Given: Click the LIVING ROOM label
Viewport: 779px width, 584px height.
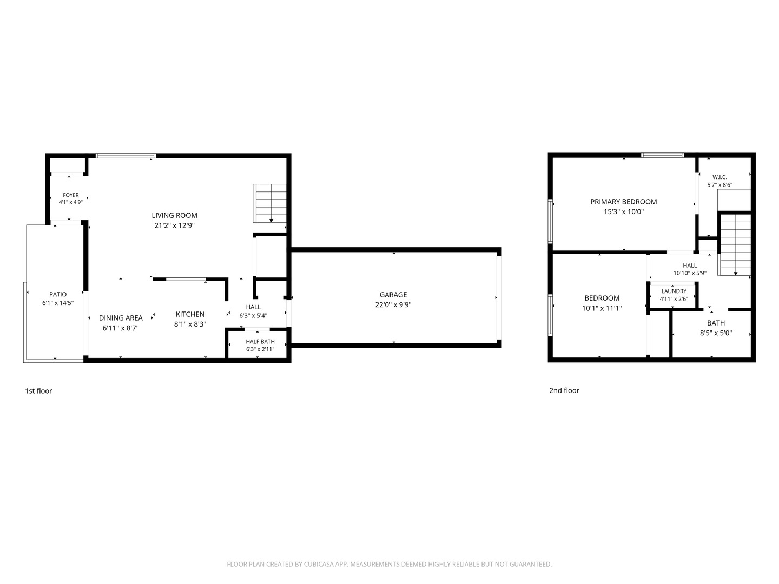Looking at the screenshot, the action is (174, 215).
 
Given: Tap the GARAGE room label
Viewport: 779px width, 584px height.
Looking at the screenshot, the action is (393, 295).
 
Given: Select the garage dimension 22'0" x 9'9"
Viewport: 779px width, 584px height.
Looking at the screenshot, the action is (393, 304).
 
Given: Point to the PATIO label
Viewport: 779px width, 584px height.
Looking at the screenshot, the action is (58, 294).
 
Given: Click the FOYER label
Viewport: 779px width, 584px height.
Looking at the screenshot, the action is (71, 195).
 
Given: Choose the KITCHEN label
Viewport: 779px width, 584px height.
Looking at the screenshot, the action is (190, 314).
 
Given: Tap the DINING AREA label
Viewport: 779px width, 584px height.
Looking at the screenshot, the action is (121, 318).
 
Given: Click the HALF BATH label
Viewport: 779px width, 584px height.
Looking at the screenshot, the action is (260, 341).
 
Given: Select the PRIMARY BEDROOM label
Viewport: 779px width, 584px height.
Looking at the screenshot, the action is (624, 202).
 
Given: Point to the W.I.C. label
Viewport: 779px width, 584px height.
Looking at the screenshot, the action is (719, 177).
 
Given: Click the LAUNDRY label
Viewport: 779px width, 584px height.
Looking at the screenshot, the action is (674, 291).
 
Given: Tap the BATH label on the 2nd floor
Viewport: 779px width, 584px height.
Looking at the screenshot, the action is (716, 323).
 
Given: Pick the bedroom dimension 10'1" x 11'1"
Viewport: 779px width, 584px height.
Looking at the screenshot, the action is (602, 308).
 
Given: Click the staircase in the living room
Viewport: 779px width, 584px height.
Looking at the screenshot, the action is (269, 203).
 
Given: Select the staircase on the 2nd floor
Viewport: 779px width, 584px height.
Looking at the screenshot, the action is (735, 244).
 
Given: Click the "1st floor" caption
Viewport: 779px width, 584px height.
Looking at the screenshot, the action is (38, 391).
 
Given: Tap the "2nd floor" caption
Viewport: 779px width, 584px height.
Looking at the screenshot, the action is (564, 390).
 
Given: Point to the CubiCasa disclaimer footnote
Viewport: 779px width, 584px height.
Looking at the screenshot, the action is (389, 564).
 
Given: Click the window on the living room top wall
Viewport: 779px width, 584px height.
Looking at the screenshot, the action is (126, 156).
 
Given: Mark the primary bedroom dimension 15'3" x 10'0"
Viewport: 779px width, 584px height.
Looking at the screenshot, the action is (624, 211).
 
